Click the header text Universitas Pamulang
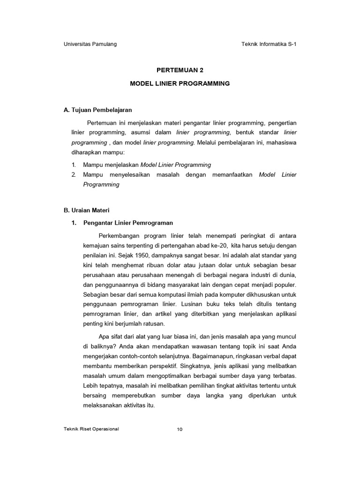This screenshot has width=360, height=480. pyautogui.click(x=90, y=45)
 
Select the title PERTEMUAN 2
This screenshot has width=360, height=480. pyautogui.click(x=180, y=70)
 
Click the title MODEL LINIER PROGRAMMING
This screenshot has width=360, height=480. pyautogui.click(x=180, y=83)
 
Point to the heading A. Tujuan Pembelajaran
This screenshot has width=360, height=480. pyautogui.click(x=98, y=110)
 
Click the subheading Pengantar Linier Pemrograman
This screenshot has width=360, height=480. pyautogui.click(x=128, y=223)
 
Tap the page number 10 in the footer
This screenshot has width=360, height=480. pyautogui.click(x=180, y=429)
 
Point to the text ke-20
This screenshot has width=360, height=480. pyautogui.click(x=213, y=245)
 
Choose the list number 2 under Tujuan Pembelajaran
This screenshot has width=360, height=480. pyautogui.click(x=74, y=175)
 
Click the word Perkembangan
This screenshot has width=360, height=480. pyautogui.click(x=120, y=235)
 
